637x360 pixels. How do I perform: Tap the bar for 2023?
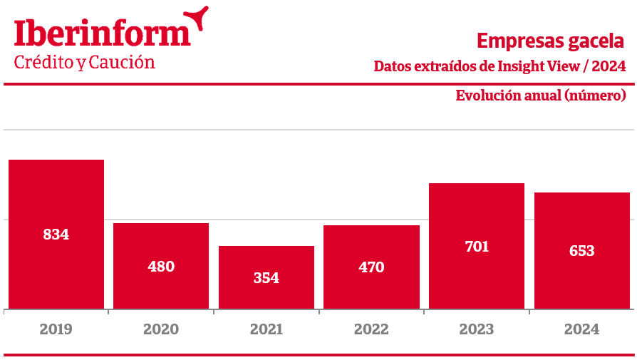point(477,214)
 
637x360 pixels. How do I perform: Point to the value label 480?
point(161,267)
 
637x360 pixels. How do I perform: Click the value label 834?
point(56,234)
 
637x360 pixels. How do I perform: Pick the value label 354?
point(266,278)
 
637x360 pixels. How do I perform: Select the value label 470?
point(371,267)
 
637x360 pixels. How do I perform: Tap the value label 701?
point(477,247)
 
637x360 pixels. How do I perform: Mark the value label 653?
point(581,251)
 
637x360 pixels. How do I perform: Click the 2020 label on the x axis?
point(161,329)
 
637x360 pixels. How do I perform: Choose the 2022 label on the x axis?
point(371,329)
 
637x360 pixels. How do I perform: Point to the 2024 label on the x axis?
point(581,329)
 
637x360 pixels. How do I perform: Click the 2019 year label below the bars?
point(56,329)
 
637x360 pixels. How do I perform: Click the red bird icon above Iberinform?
point(197,17)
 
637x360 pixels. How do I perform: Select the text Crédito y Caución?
point(85,63)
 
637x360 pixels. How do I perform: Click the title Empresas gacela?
point(551,40)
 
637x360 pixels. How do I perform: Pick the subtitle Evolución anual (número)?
point(541,96)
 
